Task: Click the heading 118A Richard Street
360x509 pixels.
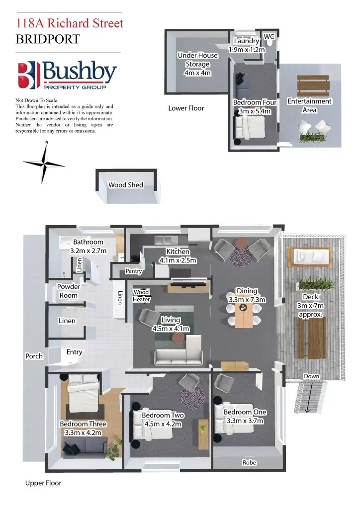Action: click(70, 23)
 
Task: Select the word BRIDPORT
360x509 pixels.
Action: click(48, 39)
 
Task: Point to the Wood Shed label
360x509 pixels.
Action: click(126, 185)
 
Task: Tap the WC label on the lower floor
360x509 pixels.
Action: click(269, 37)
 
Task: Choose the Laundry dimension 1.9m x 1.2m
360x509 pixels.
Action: click(247, 50)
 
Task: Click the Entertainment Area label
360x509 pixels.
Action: click(309, 105)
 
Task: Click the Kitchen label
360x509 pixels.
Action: click(178, 252)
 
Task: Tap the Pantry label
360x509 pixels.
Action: click(134, 271)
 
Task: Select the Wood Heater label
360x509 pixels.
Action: click(141, 296)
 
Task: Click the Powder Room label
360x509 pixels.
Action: click(69, 291)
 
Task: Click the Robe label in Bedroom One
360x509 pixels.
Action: click(249, 463)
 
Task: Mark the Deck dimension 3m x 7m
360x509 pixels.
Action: click(311, 305)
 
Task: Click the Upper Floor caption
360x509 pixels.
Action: click(43, 483)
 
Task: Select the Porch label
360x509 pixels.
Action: click(34, 356)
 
